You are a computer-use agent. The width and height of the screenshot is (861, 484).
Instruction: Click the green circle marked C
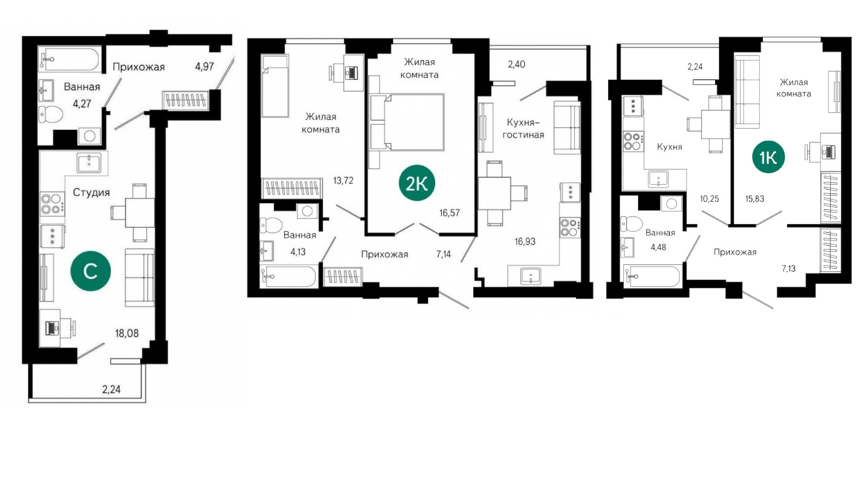coord(90,271)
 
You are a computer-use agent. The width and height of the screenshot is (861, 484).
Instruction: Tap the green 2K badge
coord(417,183)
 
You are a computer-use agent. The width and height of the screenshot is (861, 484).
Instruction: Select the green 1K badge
coord(769,157)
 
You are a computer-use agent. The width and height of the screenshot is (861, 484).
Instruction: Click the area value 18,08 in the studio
coord(127,333)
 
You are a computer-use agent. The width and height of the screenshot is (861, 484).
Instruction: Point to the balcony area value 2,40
coord(516,64)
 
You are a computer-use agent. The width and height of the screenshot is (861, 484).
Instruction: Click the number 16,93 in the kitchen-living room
coord(525,241)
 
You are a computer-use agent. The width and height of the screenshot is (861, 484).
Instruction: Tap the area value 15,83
coord(755,199)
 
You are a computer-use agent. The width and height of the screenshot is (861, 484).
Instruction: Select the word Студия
coord(91,193)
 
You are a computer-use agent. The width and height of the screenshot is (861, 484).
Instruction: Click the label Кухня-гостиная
coord(523,128)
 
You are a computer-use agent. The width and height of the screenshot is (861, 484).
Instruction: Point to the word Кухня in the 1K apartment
coord(670,147)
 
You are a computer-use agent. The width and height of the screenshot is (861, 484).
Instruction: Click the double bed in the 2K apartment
coord(407,122)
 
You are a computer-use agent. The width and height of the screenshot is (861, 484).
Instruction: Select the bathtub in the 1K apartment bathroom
coord(653,276)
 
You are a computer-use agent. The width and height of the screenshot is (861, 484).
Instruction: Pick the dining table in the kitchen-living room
coord(494,193)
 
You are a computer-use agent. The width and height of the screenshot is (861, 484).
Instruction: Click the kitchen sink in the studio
coord(89,163)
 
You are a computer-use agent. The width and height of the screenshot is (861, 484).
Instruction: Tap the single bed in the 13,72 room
coord(275,86)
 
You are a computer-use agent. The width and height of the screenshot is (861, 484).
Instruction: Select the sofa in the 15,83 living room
coord(747,92)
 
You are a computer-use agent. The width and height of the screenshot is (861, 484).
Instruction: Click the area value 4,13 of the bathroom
coord(298,252)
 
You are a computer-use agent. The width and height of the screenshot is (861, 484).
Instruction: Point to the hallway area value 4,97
coord(204,67)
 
